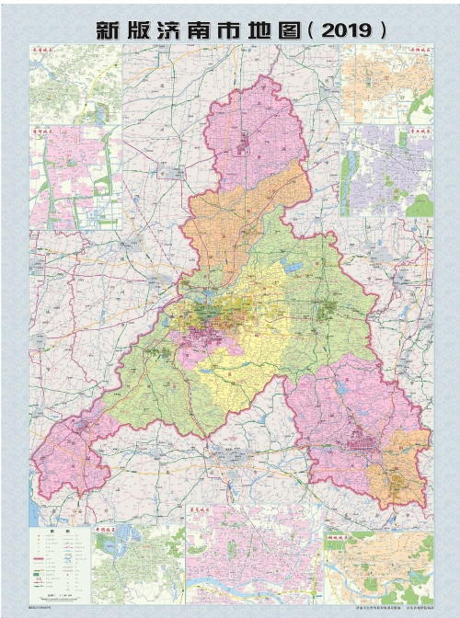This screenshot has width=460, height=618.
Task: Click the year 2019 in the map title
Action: [x=347, y=29]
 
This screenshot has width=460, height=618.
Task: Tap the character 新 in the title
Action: [x=111, y=29]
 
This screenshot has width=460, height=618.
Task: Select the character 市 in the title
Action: [x=229, y=29]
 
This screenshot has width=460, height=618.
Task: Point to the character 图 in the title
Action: [x=288, y=29]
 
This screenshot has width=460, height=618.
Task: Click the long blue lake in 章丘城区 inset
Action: [x=349, y=175]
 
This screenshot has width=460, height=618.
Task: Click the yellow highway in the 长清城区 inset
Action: [x=74, y=78]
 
